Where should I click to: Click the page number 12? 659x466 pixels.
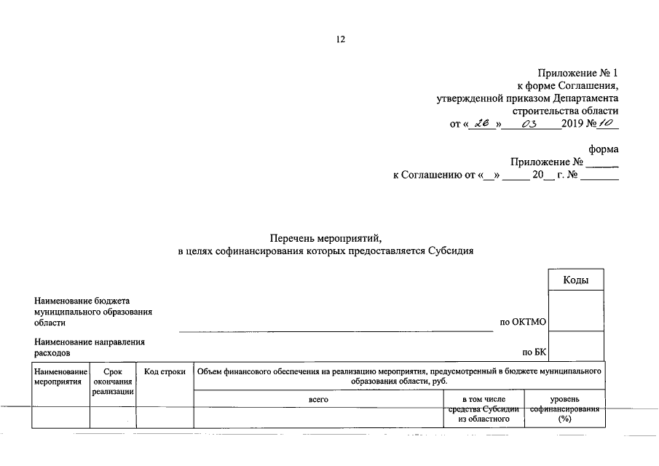tap(339, 39)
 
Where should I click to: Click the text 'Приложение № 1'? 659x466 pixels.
tap(577, 73)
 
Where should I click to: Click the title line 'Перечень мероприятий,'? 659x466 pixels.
tap(325, 238)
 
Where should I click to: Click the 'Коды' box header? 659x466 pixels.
tap(575, 280)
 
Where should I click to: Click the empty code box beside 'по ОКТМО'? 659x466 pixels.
tap(575, 311)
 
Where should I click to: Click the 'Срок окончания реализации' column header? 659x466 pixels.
tap(113, 382)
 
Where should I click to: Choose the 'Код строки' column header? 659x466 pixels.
tap(165, 371)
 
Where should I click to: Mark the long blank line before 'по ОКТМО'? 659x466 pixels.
tap(336, 331)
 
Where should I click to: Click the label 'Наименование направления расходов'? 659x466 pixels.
tap(89, 347)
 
